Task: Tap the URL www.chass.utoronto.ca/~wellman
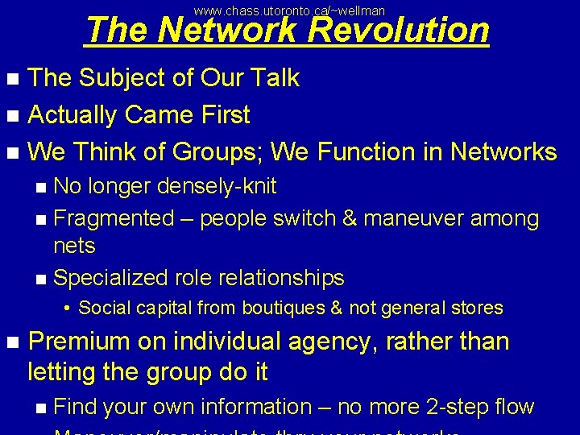[x=290, y=10]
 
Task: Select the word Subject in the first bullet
[x=122, y=78]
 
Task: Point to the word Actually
[x=72, y=115]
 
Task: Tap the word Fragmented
[x=113, y=218]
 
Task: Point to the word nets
[x=74, y=246]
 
